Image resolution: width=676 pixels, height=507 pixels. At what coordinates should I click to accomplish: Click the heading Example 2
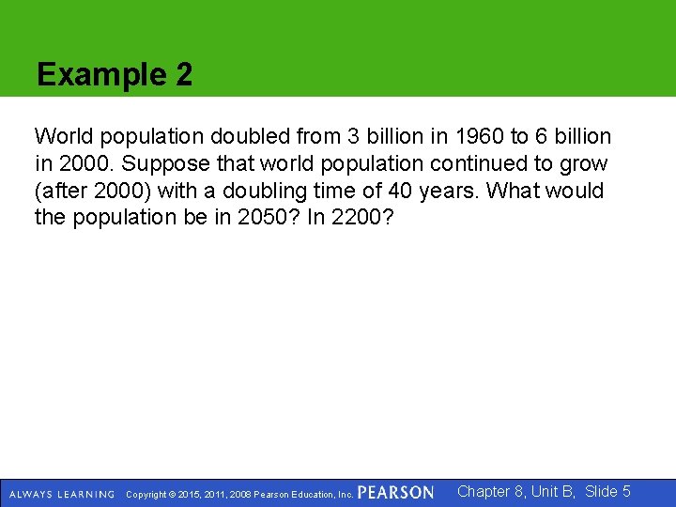pyautogui.click(x=115, y=75)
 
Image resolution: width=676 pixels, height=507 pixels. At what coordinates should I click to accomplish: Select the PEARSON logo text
pyautogui.click(x=395, y=493)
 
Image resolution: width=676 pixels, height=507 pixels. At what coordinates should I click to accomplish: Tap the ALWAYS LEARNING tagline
pyautogui.click(x=62, y=494)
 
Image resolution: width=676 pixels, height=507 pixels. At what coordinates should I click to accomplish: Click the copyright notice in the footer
pyautogui.click(x=238, y=494)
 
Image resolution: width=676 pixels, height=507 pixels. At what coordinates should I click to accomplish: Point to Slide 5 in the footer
pyautogui.click(x=607, y=491)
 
